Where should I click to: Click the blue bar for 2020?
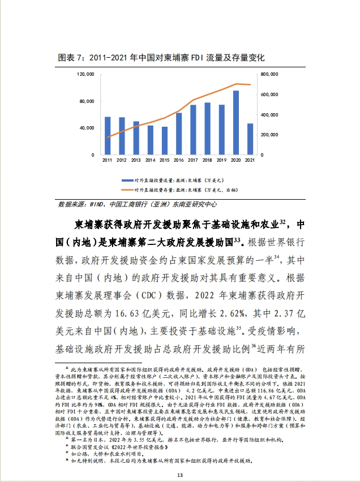tap(236, 122)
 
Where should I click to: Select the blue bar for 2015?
tap(165, 140)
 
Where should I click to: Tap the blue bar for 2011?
tap(108, 136)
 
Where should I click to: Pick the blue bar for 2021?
tap(250, 139)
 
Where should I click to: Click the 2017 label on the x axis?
tap(193, 161)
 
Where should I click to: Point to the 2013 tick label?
tap(136, 161)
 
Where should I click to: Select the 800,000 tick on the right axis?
tap(270, 74)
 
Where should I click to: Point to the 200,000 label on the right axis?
tap(270, 135)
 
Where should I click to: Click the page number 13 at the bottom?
tap(180, 474)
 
